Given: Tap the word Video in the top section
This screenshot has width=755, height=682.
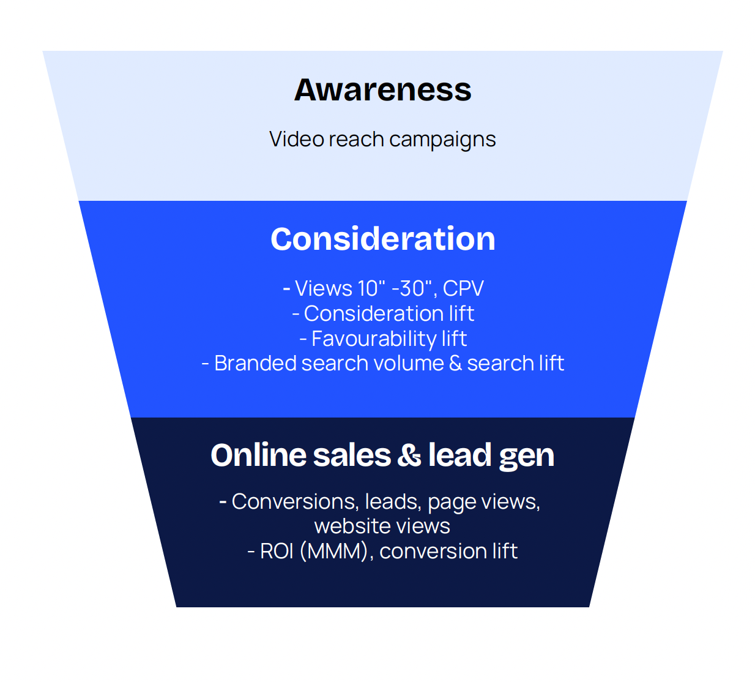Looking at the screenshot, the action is tap(297, 139).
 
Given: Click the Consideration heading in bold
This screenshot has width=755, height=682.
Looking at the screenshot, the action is tap(383, 239).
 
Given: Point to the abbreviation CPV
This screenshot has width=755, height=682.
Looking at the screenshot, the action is tap(463, 288).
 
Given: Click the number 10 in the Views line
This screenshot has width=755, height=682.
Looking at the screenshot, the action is tap(368, 288).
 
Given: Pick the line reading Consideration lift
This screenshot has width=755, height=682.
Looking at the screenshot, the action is tap(383, 313).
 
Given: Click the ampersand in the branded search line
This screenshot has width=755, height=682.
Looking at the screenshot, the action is tap(455, 363).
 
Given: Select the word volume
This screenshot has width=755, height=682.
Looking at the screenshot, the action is tap(408, 363).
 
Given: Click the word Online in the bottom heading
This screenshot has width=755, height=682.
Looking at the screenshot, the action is tap(259, 455).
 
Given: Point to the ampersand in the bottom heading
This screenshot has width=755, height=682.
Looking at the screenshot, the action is tap(409, 455).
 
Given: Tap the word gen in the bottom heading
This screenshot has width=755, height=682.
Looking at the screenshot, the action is tap(527, 457).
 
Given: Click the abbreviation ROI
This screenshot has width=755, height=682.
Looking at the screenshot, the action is tap(277, 551).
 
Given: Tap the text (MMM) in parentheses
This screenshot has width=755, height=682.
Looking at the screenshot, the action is tap(334, 552).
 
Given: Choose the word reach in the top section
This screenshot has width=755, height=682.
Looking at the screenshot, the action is tap(356, 139).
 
